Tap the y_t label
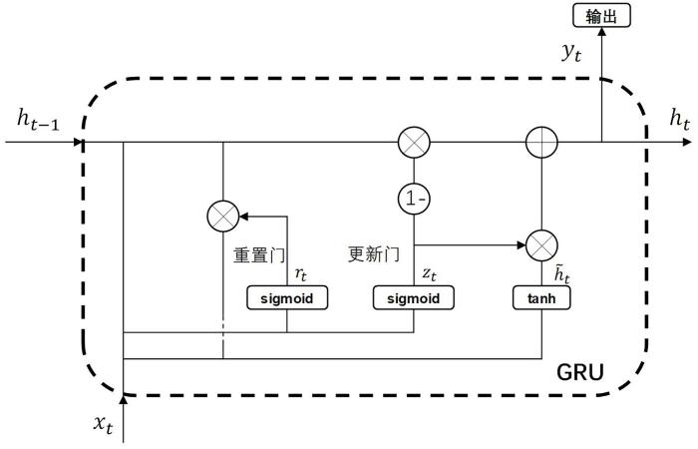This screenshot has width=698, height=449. (571, 55)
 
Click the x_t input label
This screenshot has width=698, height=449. (103, 423)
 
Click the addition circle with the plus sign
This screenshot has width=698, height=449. (540, 143)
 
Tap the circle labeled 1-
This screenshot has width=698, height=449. (413, 198)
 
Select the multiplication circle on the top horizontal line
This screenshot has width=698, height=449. (413, 143)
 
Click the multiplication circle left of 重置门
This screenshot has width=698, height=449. (222, 215)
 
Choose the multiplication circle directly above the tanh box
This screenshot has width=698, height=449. (540, 242)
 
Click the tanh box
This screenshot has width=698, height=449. (540, 297)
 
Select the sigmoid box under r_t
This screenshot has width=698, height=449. (287, 297)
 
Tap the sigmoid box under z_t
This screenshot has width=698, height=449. (413, 297)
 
